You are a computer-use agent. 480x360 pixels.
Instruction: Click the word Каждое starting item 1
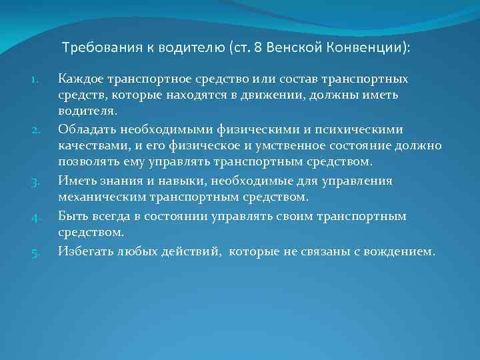pyautogui.click(x=81, y=79)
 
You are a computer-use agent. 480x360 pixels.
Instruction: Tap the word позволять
pyautogui.click(x=87, y=162)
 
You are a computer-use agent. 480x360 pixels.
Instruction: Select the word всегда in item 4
pyautogui.click(x=107, y=216)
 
